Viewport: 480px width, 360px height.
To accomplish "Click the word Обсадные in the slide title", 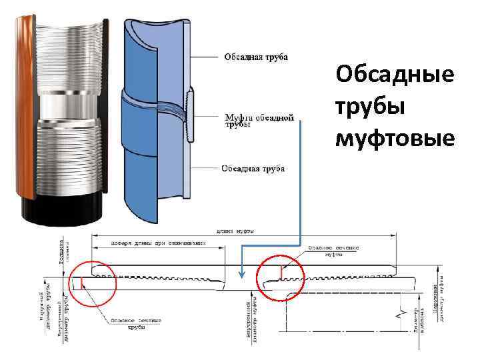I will pos(395,75).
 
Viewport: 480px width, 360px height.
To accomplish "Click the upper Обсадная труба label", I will pos(256,57).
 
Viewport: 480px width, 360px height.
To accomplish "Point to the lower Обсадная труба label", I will pos(253,169).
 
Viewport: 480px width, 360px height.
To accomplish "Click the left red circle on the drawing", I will pos(93,283).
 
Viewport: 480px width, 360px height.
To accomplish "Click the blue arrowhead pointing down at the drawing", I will pos(241,275).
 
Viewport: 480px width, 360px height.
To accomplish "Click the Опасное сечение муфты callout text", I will pos(333,251).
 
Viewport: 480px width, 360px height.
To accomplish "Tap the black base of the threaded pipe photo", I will pos(60,212).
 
